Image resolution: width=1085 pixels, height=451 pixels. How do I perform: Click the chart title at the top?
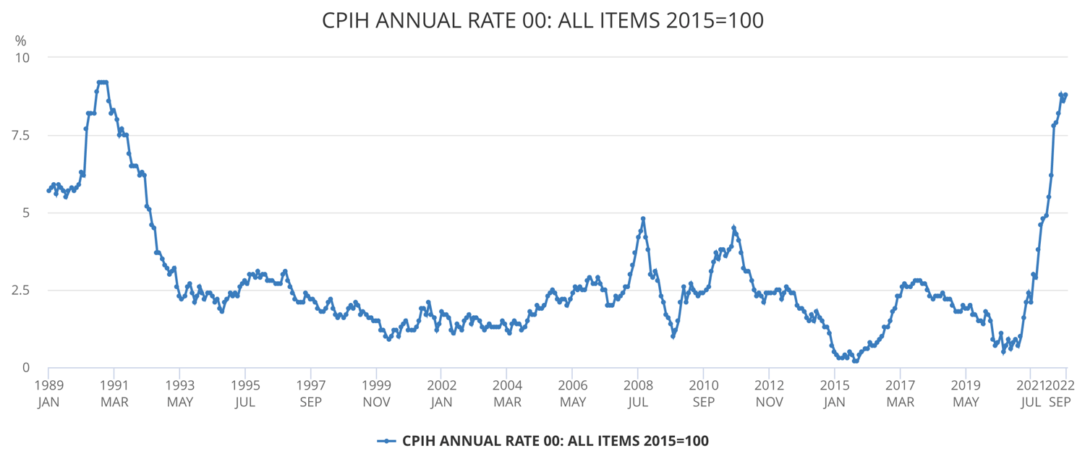click(542, 20)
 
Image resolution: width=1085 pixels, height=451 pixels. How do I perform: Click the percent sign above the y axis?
click(20, 40)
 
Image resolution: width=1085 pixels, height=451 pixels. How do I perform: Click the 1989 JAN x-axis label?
click(48, 392)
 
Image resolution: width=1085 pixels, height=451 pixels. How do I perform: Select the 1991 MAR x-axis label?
click(114, 392)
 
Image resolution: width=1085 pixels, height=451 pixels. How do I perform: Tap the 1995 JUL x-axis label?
click(245, 392)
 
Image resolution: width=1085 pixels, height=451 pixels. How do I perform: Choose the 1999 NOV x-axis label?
click(376, 392)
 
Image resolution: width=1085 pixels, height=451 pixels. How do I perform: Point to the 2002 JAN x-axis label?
click(441, 392)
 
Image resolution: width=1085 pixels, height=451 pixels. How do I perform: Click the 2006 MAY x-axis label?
click(573, 392)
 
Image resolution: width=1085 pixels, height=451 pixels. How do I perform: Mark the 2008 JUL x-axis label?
click(638, 392)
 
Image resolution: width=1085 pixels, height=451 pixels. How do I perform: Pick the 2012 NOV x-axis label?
click(769, 392)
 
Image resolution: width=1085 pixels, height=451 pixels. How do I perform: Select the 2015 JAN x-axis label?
click(835, 392)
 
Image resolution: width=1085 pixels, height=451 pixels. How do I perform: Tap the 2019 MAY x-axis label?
click(966, 392)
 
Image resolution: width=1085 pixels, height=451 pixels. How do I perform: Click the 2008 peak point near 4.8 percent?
click(643, 218)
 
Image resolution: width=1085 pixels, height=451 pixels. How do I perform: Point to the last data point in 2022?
click(1065, 95)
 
